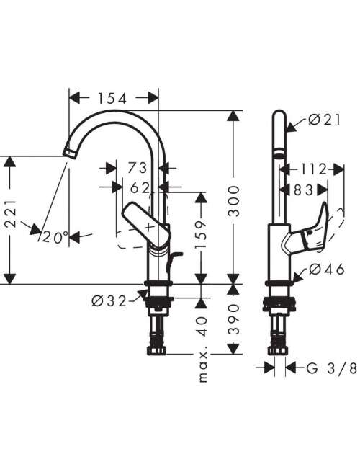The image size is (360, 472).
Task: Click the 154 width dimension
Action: coord(112,99)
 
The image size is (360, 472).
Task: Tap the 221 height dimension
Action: coord(10,213)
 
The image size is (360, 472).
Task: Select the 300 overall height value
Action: coord(234,201)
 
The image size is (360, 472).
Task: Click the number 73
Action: coord(137,168)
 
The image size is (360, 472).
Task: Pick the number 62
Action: coord(140,188)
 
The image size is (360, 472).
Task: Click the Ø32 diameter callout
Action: coord(109,300)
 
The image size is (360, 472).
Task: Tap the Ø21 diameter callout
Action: coord(325,120)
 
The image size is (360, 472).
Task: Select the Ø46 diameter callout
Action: coord(327,270)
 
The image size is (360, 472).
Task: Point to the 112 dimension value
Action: coord(313,169)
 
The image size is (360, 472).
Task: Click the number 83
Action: coord(303,190)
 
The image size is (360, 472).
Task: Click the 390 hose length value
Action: coord(234,319)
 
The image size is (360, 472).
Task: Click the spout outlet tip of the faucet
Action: coord(68,152)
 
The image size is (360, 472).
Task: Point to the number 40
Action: coord(203,326)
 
